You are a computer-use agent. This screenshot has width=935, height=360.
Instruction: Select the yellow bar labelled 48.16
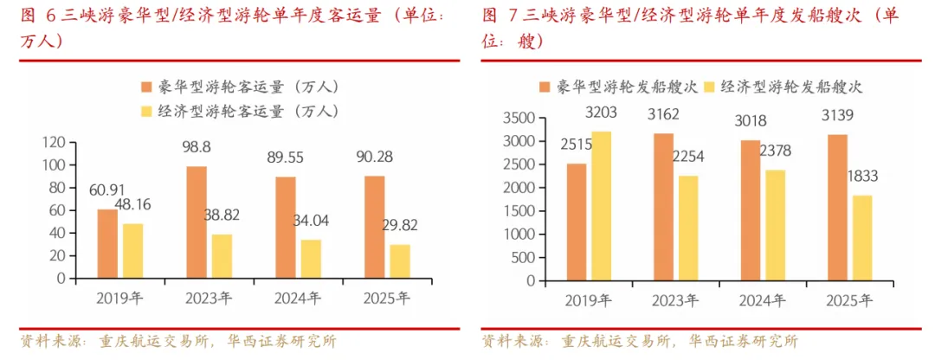(133, 251)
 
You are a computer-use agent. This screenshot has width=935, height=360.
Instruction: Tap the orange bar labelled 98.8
(197, 222)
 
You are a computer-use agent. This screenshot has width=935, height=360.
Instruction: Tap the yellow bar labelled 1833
(861, 238)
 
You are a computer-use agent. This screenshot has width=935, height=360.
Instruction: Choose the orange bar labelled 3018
(750, 210)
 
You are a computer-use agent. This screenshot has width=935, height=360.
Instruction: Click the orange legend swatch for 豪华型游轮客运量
(145, 87)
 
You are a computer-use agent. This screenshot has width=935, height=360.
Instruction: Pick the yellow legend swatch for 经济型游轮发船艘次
(710, 87)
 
